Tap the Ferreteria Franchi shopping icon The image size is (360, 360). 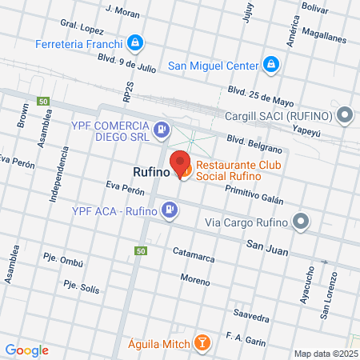(137, 42)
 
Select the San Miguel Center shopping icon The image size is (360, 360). (271, 64)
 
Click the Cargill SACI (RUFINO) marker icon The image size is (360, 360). (346, 115)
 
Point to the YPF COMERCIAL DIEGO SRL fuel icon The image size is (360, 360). (162, 129)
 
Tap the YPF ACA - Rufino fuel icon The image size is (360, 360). (170, 210)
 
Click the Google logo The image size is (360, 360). (26, 350)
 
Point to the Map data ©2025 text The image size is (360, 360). (323, 354)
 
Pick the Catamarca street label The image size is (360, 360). (194, 254)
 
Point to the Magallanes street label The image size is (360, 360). (326, 38)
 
